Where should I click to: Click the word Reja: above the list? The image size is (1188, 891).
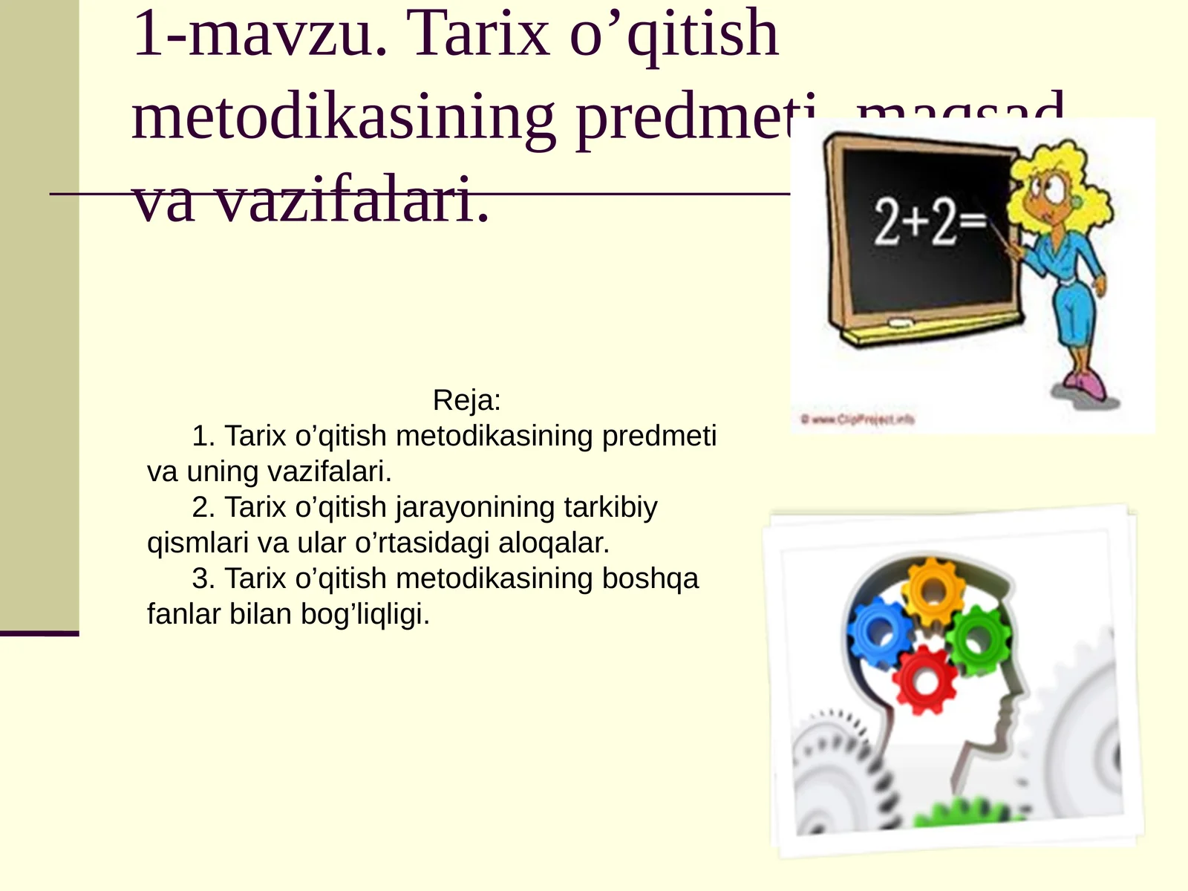click(x=467, y=400)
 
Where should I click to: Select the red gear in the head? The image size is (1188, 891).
click(x=924, y=679)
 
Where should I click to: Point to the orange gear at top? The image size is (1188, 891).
click(x=933, y=590)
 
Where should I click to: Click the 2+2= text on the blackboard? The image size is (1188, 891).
click(x=929, y=221)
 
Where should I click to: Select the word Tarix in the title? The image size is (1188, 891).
click(x=479, y=33)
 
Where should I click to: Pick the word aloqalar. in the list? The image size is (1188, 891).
click(x=554, y=543)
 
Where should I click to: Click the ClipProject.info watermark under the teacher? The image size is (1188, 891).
click(x=858, y=420)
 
